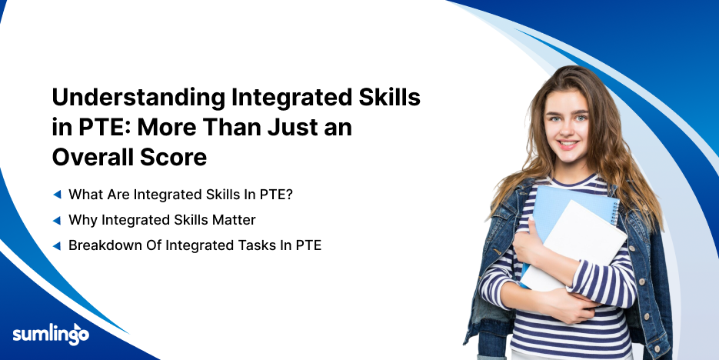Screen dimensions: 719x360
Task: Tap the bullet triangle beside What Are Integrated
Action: point(57,195)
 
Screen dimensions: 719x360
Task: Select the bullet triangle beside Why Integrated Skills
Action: point(57,221)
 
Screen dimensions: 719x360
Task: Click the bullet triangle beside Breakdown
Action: point(57,246)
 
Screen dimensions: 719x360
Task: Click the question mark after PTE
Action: point(289,195)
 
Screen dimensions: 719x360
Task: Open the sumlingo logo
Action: point(51,333)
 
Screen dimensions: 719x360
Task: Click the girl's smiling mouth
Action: point(568,144)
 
